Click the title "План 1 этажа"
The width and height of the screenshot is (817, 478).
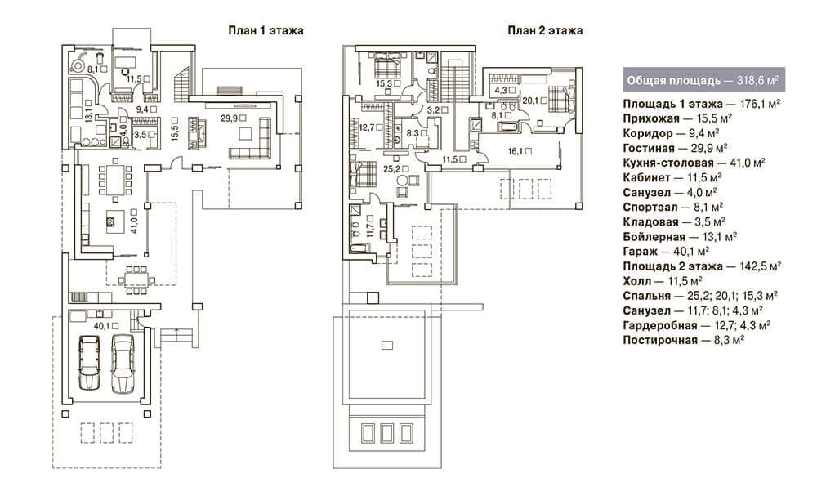click(266, 30)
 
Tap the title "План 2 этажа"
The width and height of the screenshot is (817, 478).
click(545, 30)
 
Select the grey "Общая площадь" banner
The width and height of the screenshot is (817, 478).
click(703, 80)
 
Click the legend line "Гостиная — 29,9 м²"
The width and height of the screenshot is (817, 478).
click(675, 148)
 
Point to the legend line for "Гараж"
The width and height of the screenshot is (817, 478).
click(666, 251)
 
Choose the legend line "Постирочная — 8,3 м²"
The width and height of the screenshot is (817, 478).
click(683, 341)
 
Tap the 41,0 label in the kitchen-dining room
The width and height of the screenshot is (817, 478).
click(134, 221)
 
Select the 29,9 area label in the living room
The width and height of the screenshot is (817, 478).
click(233, 118)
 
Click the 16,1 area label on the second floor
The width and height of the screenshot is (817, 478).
click(520, 152)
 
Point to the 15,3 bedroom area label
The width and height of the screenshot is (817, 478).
click(388, 83)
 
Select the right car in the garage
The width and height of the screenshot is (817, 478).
click(123, 364)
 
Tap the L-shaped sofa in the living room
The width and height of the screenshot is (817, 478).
click(251, 139)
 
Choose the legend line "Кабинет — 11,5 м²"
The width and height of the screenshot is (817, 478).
click(672, 178)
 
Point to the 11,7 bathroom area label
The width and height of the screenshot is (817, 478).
click(370, 226)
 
